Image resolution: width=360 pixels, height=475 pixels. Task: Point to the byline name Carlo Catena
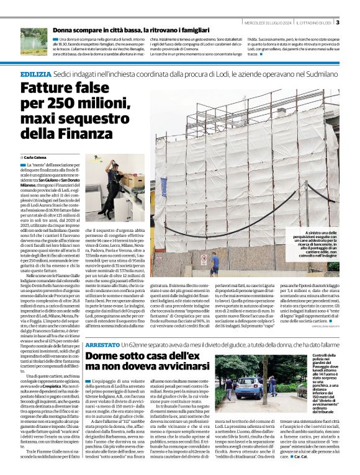click(x=34, y=158)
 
